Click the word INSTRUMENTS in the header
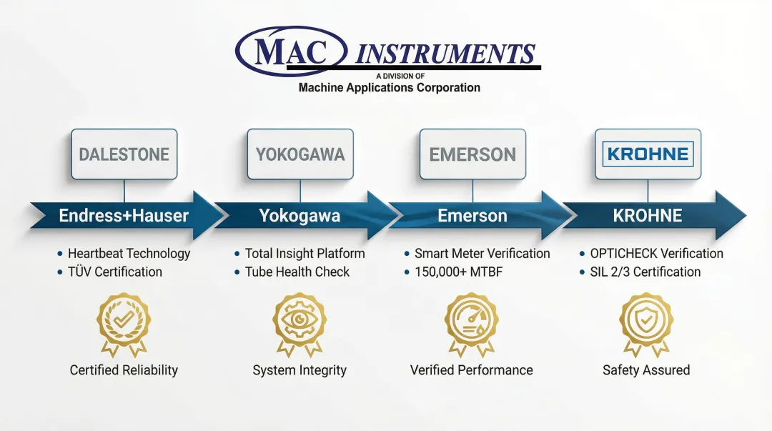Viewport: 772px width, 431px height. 445,54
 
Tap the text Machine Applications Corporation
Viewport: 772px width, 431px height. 389,88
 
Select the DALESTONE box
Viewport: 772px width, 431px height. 124,154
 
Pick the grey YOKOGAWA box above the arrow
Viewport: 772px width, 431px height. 300,154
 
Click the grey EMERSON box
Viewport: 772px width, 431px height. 472,154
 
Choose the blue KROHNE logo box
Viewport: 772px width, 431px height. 648,154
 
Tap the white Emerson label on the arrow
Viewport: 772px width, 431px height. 472,216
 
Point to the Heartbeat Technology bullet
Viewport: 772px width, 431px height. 129,253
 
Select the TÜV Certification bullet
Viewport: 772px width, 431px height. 114,272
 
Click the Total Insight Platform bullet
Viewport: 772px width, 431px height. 305,253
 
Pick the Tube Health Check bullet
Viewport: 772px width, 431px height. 297,272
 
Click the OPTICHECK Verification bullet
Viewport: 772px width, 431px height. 656,253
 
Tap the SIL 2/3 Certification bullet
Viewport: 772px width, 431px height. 645,272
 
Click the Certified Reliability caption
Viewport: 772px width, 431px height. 124,370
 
